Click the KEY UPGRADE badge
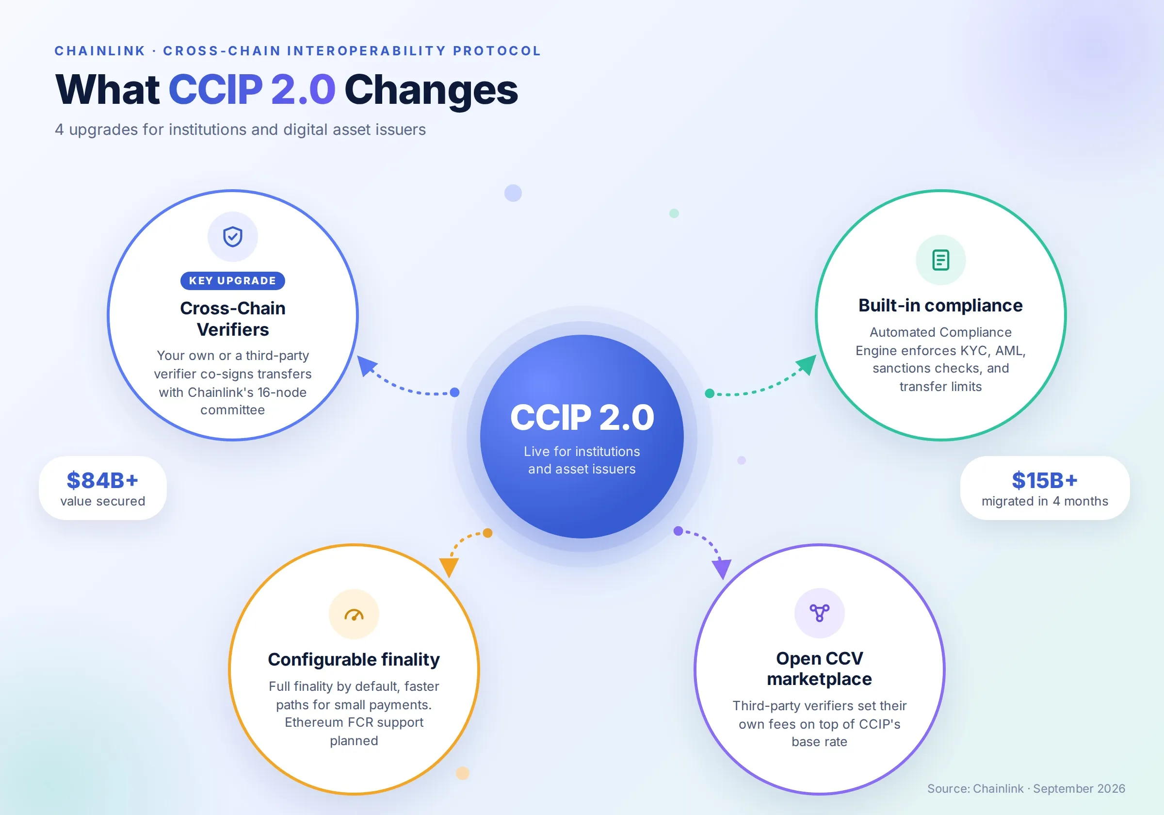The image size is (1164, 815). coord(233,280)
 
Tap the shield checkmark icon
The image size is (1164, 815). coord(233,236)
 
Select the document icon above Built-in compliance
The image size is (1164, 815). coord(940,260)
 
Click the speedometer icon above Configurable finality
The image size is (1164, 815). coord(354,615)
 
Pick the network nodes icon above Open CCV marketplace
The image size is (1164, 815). coord(819,613)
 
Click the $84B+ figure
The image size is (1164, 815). coord(103,480)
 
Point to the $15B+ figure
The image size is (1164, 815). coord(1045,480)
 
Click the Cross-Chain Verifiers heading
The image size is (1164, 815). coord(233,319)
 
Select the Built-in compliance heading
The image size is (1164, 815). coord(940,305)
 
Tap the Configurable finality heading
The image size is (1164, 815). coord(354,659)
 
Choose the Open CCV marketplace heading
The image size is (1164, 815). coord(819,668)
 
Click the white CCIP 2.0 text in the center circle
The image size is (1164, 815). coord(582,417)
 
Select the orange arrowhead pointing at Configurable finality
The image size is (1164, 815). coord(449,567)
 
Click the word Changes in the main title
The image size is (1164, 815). coord(432,90)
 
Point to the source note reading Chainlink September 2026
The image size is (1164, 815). coord(1026,789)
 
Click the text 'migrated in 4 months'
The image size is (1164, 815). coord(1045,501)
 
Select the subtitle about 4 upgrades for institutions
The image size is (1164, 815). coord(240,130)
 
